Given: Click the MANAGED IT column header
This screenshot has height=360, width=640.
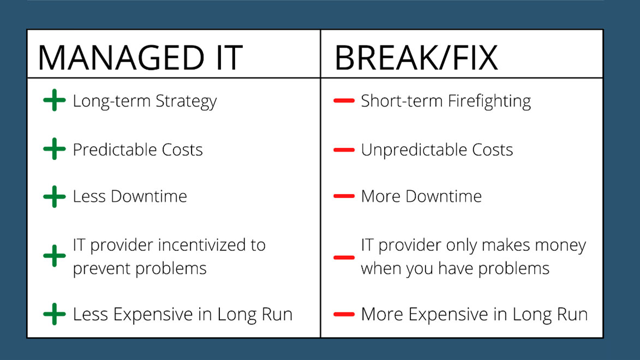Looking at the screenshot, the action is coord(140,58).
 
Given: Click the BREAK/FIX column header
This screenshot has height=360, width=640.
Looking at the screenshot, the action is coord(416,58).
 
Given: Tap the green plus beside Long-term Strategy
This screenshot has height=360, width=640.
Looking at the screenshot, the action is coord(54,100).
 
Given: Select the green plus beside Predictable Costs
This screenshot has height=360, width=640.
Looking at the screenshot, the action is coord(54,149).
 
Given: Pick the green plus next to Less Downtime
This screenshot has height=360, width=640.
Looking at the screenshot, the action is coord(54,196).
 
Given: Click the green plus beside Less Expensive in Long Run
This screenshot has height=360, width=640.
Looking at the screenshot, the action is coord(54,314).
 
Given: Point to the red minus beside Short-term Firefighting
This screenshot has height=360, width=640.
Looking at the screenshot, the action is coord(344,100).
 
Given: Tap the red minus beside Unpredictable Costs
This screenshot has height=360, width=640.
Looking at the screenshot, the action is coord(344,150).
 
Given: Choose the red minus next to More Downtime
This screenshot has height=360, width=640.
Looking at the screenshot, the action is coord(344,196).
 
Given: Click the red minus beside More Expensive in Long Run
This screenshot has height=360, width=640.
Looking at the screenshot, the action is coord(344,314).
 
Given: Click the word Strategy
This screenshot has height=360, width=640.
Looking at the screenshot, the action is coord(186,101).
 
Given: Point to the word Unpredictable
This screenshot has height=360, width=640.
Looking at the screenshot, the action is coord(414,150).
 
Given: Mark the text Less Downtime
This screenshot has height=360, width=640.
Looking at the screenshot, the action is coord(130,196).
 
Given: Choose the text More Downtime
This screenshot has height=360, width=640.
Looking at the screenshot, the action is coord(421,196).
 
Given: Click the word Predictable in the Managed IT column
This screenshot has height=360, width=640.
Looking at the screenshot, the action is coord(115,150).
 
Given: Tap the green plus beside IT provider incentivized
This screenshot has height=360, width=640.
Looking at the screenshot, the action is coord(54,256).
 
